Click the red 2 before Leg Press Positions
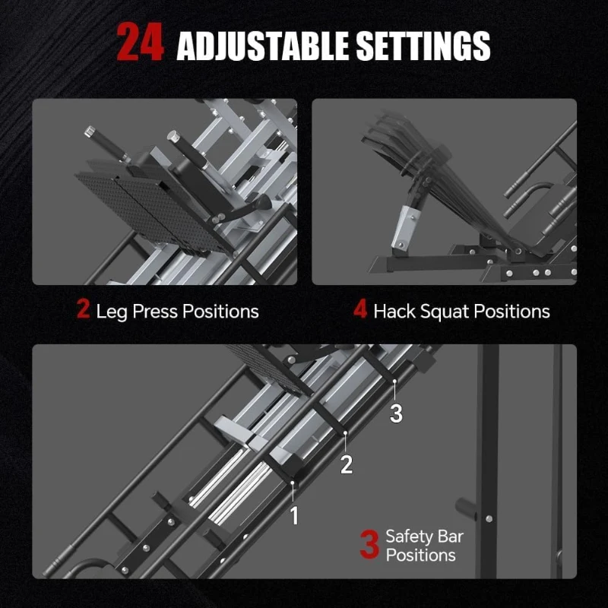click(83, 310)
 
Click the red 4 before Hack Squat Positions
click(360, 310)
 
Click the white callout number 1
click(294, 516)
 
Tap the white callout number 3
click(396, 413)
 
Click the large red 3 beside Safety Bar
click(369, 546)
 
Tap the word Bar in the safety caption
click(450, 537)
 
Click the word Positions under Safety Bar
click(420, 556)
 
